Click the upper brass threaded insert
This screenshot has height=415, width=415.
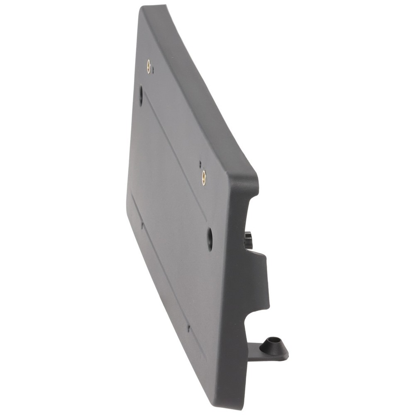pyautogui.click(x=149, y=66)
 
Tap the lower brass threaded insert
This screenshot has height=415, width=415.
pyautogui.click(x=204, y=177)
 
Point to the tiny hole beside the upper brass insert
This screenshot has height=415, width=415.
pyautogui.click(x=153, y=70)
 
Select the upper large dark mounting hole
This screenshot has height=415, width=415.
pyautogui.click(x=141, y=95)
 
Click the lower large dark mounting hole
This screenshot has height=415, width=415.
pyautogui.click(x=210, y=239)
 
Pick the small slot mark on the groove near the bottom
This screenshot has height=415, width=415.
pyautogui.click(x=188, y=328)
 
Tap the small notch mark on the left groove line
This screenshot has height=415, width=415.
pyautogui.click(x=142, y=225)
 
